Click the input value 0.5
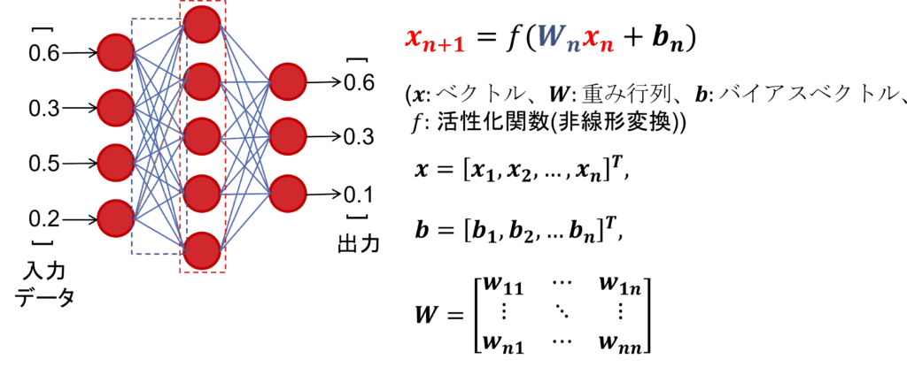click(x=43, y=164)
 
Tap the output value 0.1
click(x=359, y=194)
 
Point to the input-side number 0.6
click(x=43, y=54)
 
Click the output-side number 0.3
click(x=359, y=138)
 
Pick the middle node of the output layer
click(x=288, y=137)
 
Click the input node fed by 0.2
click(x=116, y=218)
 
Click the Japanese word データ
click(x=44, y=297)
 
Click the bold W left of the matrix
click(x=428, y=315)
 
